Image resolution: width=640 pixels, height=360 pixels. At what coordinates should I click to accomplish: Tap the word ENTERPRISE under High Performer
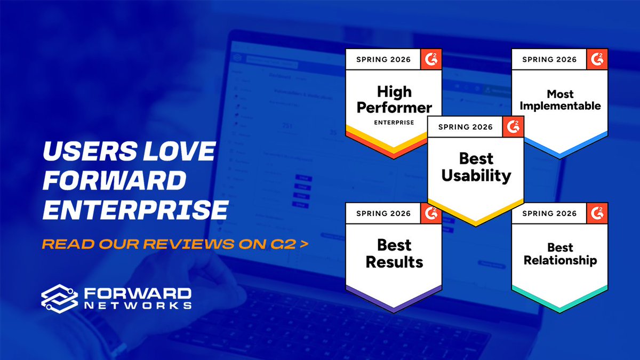pyautogui.click(x=393, y=122)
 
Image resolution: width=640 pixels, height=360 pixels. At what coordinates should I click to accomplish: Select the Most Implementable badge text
pyautogui.click(x=560, y=100)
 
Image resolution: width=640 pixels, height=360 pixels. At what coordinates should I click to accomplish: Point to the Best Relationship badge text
pyautogui.click(x=560, y=254)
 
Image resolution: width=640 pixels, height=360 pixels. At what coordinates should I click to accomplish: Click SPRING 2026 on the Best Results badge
pyautogui.click(x=383, y=214)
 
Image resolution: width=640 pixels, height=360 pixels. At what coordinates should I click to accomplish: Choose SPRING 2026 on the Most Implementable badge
pyautogui.click(x=549, y=60)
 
